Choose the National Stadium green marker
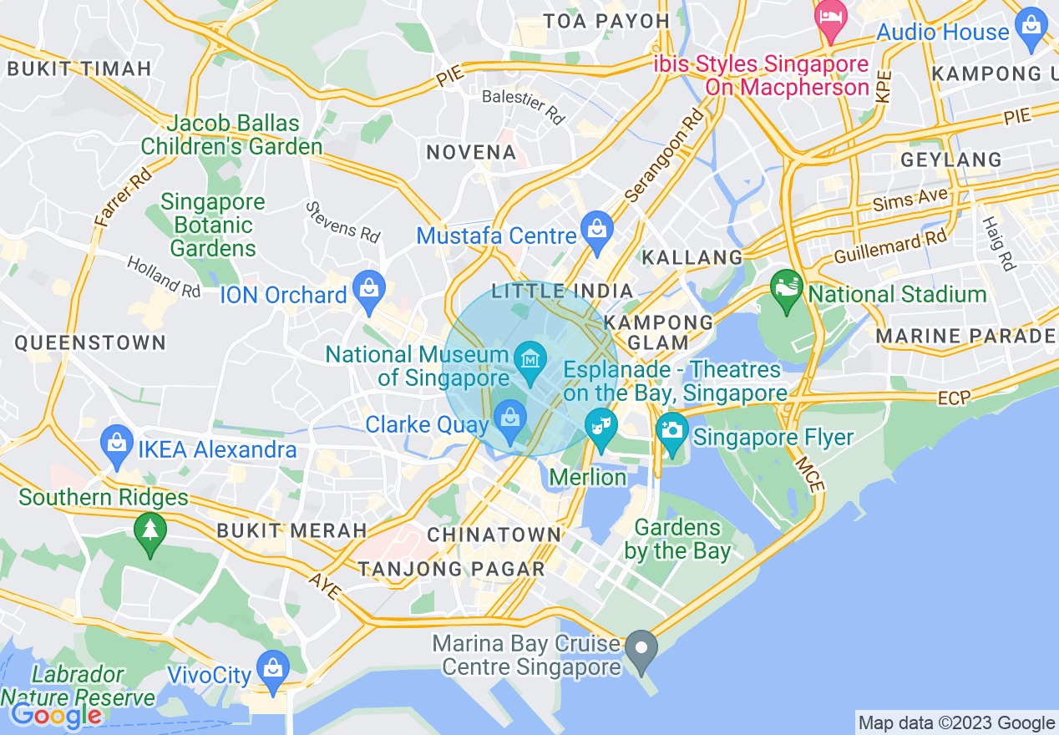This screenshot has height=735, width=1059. tap(786, 290)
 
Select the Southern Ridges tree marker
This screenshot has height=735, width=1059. tap(150, 530)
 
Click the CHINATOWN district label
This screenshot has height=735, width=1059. tap(494, 535)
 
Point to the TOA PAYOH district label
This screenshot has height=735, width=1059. tap(606, 21)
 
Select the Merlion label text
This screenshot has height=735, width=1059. tap(589, 477)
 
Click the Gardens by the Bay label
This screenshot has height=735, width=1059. tap(677, 540)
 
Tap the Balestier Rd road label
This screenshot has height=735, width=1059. tap(524, 107)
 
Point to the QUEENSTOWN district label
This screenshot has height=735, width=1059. tap(90, 342)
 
